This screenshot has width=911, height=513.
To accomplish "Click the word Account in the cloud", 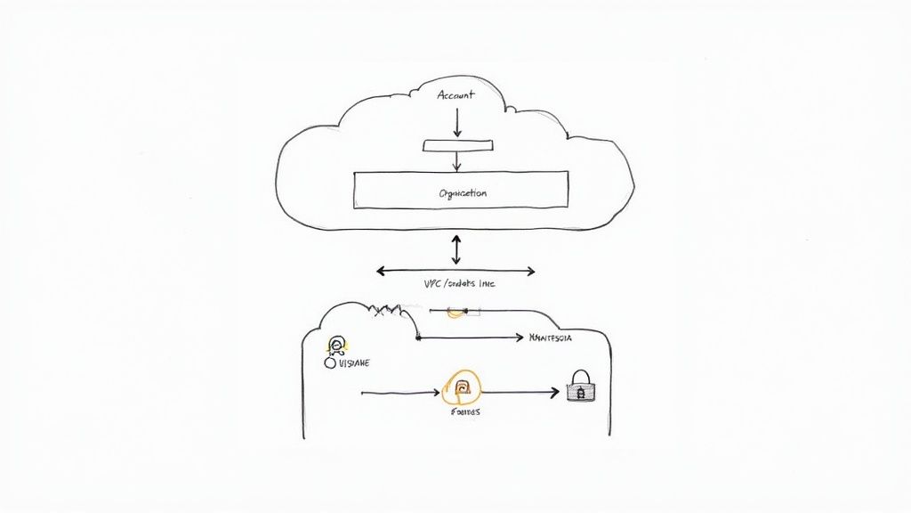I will [x=456, y=95].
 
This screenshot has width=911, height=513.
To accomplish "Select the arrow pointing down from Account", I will [x=457, y=123].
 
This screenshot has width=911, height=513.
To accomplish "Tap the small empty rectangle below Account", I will [x=456, y=145].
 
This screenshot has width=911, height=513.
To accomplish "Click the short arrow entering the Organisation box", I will [x=457, y=161].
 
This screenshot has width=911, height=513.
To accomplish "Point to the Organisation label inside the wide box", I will [x=463, y=192].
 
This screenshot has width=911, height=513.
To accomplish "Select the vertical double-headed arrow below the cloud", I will [x=456, y=249].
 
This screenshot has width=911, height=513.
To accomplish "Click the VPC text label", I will [x=459, y=284].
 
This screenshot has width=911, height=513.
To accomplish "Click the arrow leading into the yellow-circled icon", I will [x=400, y=392].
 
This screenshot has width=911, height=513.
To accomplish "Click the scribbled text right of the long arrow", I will [x=550, y=338].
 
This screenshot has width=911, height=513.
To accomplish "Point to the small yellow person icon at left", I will [x=337, y=346].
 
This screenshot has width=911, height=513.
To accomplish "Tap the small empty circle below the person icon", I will [x=330, y=363].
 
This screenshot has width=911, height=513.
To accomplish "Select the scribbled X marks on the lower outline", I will [x=388, y=311].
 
